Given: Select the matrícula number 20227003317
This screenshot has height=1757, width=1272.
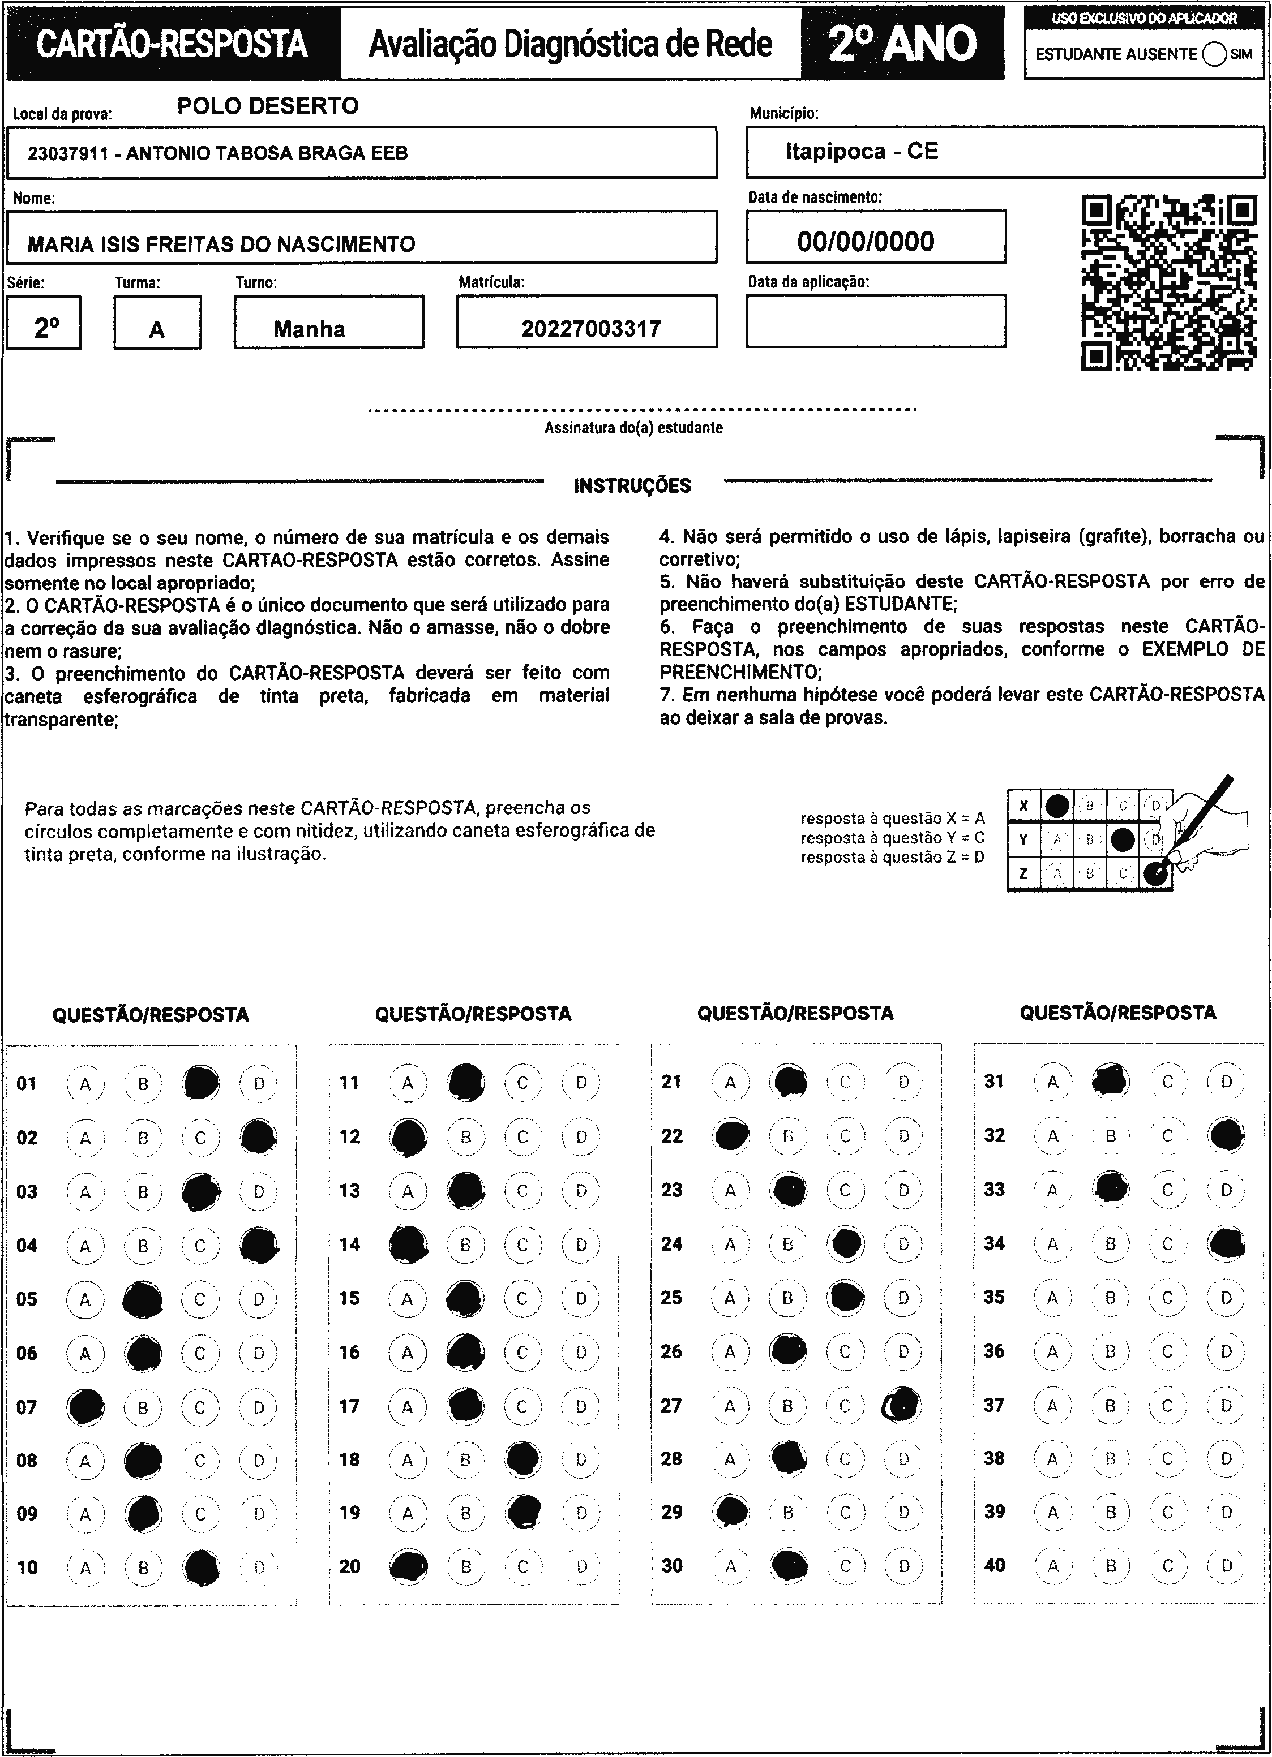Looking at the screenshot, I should pyautogui.click(x=590, y=329).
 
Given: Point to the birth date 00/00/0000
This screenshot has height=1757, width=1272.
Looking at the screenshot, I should pyautogui.click(x=866, y=241).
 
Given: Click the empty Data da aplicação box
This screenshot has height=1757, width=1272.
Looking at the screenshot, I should pyautogui.click(x=876, y=321).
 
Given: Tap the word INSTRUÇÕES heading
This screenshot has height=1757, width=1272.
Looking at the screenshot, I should pyautogui.click(x=632, y=486).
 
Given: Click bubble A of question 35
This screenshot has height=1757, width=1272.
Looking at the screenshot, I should pyautogui.click(x=1052, y=1297).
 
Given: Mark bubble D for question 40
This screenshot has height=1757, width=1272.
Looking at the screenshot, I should pyautogui.click(x=1226, y=1565).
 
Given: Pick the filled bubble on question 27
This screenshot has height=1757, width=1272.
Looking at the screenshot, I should pyautogui.click(x=903, y=1404).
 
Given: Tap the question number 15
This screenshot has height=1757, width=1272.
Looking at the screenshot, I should pyautogui.click(x=350, y=1298).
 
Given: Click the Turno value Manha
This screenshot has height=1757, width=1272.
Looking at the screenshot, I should pyautogui.click(x=309, y=329).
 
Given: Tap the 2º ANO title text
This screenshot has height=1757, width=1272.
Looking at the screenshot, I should pyautogui.click(x=902, y=44).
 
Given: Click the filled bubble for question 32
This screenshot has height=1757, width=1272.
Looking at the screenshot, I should pyautogui.click(x=1226, y=1136).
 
